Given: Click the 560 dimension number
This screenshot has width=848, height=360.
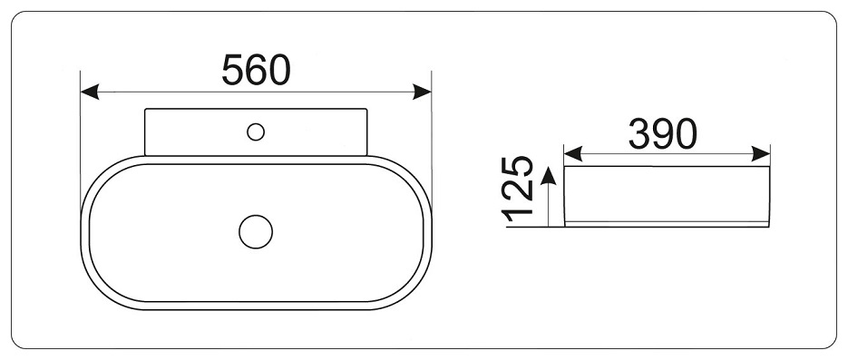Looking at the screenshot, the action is tap(257, 70).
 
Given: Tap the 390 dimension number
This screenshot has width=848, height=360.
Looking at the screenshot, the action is tap(662, 134).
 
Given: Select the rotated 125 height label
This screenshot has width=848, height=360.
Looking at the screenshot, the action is tap(518, 190).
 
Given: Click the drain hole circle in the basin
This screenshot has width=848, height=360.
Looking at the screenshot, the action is tap(256, 232).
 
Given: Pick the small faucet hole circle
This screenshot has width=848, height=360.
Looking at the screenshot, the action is tap(256, 131).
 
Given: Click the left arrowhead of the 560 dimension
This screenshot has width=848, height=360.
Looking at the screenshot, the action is tap(90, 92).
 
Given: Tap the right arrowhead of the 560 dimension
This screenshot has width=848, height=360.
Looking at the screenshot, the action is tap(422, 92).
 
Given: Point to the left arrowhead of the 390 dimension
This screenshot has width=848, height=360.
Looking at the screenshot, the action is tap(573, 153).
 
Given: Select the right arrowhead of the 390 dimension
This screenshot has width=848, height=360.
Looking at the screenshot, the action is tap(761, 153).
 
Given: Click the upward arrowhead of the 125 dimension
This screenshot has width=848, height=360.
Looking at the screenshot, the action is tap(549, 176).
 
